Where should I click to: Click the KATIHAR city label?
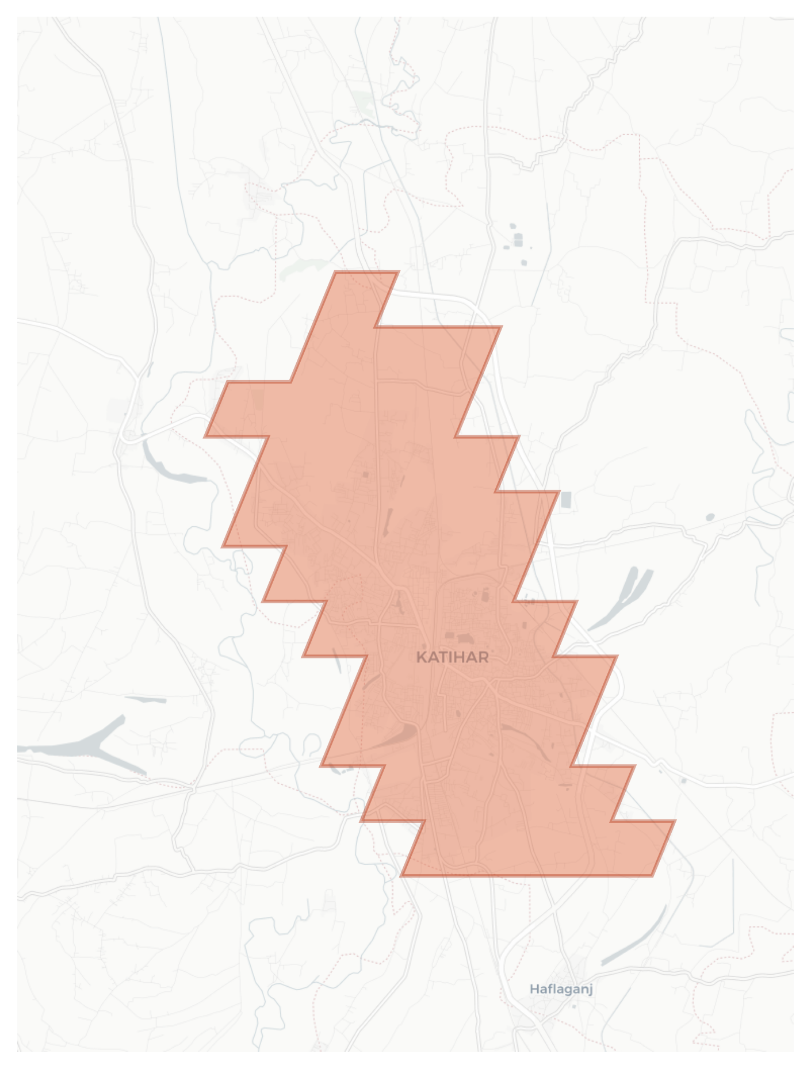(x=452, y=657)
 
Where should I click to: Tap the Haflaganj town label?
(x=561, y=989)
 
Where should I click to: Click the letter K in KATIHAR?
(x=421, y=657)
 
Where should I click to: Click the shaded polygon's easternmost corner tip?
(x=674, y=821)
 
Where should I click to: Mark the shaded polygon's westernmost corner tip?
(x=206, y=436)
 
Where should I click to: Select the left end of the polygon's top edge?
(x=336, y=272)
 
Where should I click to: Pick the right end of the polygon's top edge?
(x=398, y=272)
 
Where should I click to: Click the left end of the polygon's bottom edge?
(x=401, y=876)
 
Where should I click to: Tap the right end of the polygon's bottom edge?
(x=652, y=876)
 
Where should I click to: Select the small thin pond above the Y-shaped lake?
(x=146, y=700)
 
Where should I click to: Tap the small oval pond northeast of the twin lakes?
(x=710, y=518)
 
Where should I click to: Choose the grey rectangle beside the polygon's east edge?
(x=566, y=499)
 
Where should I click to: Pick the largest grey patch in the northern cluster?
(x=518, y=240)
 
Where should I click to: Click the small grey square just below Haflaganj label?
(x=573, y=1006)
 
